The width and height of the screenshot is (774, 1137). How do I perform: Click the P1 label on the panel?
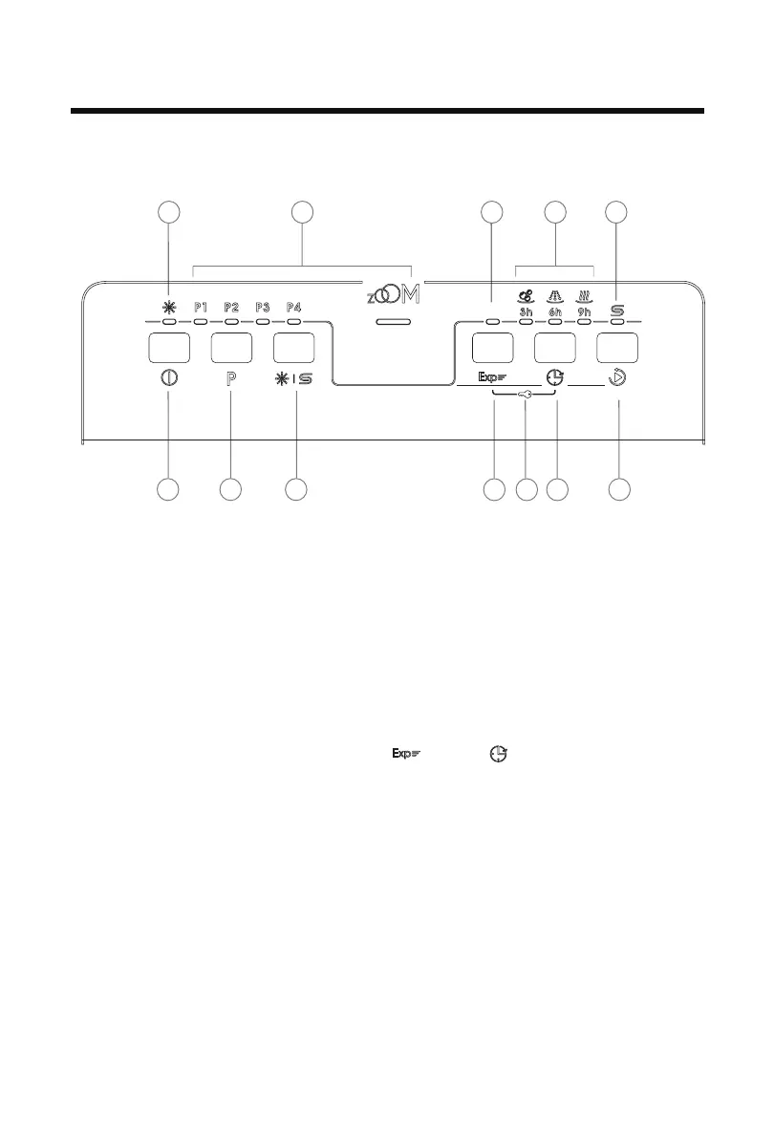click(201, 308)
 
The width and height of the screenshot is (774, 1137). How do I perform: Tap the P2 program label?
click(231, 308)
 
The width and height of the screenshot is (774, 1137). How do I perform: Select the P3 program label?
click(264, 308)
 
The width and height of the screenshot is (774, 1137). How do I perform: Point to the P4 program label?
click(294, 308)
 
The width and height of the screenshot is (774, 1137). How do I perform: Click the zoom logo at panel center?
click(394, 293)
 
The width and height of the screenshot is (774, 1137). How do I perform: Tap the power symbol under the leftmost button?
click(169, 377)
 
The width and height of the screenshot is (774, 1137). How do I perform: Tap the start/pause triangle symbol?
click(619, 378)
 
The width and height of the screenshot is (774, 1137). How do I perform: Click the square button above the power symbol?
click(169, 346)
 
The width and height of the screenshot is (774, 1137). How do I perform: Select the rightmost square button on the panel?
click(617, 346)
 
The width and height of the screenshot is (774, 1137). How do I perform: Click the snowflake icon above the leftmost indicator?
click(169, 307)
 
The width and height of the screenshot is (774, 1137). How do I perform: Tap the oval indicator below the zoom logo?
click(394, 323)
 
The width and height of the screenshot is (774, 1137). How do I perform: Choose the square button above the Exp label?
click(493, 346)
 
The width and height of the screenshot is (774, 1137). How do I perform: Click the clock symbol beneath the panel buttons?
click(555, 378)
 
